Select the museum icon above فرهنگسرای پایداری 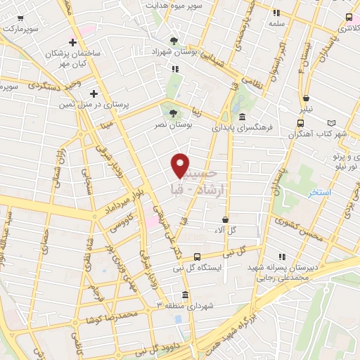[x=242, y=117]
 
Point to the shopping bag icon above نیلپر [x=306, y=99]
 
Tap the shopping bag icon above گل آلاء [x=225, y=219]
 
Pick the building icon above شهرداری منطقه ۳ [x=184, y=295]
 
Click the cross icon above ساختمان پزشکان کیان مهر [x=72, y=42]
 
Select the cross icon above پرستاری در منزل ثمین [x=94, y=93]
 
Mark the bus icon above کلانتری [x=349, y=17]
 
